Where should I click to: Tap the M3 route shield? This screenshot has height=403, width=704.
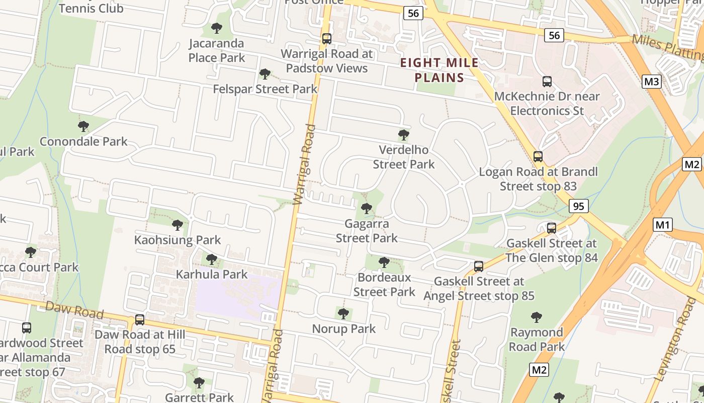click(x=651, y=81)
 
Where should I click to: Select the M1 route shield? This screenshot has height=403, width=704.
click(x=663, y=225)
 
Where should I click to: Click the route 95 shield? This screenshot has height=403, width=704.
click(x=579, y=206)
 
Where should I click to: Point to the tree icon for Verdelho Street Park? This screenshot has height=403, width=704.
click(x=403, y=135)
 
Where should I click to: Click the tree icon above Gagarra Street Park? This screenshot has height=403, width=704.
click(x=367, y=208)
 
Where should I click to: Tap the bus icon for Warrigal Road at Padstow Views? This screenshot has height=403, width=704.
click(x=327, y=39)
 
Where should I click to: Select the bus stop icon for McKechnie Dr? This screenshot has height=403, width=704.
click(x=547, y=81)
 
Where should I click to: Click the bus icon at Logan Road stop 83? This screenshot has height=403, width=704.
click(x=538, y=157)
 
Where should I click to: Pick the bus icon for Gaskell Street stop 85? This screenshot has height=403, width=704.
click(x=479, y=266)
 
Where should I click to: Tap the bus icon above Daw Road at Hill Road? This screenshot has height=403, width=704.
click(x=140, y=320)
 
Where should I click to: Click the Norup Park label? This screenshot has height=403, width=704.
click(x=344, y=329)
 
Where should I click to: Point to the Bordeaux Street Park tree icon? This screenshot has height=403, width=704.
click(x=384, y=262)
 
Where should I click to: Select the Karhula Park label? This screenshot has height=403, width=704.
click(x=212, y=275)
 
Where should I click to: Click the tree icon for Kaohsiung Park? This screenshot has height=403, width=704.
click(x=177, y=225)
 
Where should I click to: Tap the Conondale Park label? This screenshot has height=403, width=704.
click(x=83, y=142)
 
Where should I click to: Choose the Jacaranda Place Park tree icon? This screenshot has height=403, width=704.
click(x=217, y=28)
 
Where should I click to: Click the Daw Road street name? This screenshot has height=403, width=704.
click(x=74, y=310)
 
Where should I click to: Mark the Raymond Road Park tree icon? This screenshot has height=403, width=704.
click(x=537, y=317)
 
